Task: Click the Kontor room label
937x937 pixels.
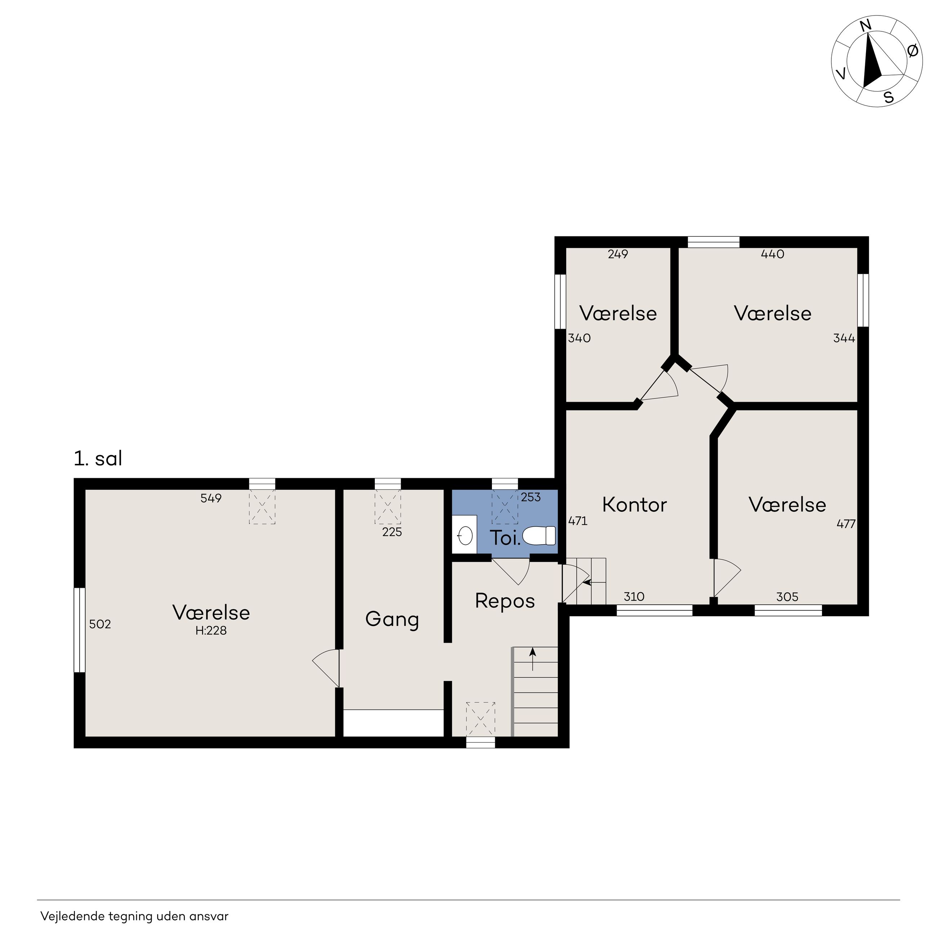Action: [x=634, y=505]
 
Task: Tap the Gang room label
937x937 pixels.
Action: [x=392, y=620]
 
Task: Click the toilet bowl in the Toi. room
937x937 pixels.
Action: [x=539, y=536]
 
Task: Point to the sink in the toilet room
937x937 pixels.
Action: [x=465, y=536]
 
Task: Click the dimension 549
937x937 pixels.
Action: [x=211, y=498]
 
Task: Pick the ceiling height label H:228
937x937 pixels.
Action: [x=211, y=630]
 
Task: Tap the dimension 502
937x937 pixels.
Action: [x=100, y=624]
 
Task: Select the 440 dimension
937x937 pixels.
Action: [x=773, y=254]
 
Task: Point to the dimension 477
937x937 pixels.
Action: [x=846, y=524]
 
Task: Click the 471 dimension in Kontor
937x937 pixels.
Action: [x=578, y=521]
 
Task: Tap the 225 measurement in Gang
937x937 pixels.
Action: [x=392, y=532]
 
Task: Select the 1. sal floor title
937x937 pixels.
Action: [x=98, y=458]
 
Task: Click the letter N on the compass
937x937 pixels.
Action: [x=866, y=26]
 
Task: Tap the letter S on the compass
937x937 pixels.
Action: [x=888, y=97]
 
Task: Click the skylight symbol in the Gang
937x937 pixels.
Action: [x=387, y=506]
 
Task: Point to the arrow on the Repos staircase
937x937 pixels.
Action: [x=533, y=660]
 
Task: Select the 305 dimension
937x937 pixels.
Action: [x=787, y=596]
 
